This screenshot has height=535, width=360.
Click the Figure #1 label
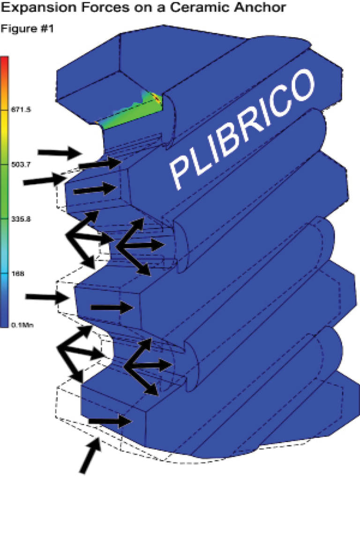[27, 29]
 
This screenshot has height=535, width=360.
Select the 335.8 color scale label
[22, 219]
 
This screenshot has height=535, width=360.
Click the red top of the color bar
[4, 61]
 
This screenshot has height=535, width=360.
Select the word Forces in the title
[96, 8]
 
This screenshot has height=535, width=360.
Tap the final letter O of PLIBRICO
[300, 87]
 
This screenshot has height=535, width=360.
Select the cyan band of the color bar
[4, 272]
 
